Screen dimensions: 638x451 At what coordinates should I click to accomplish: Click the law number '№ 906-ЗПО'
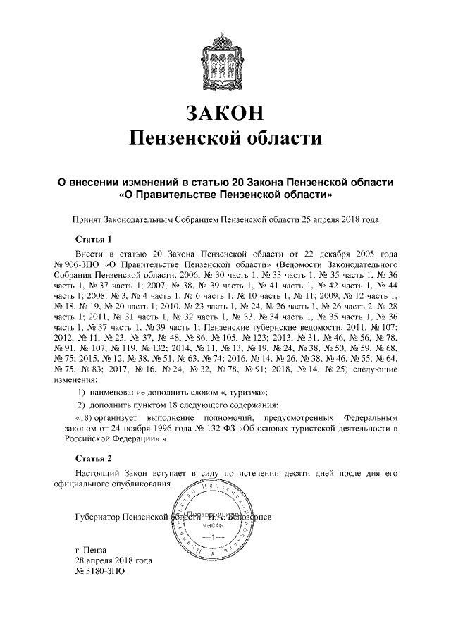(75, 263)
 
